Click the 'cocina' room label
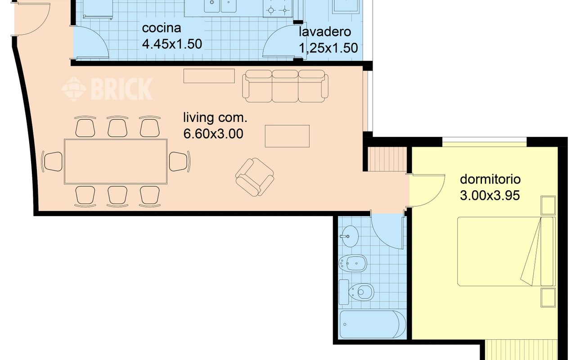162,28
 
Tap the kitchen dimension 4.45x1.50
172,44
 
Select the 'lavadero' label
325,32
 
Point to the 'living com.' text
215,118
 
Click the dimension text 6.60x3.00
213,134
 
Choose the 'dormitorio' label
490,179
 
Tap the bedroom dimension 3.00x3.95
490,195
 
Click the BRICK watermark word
122,89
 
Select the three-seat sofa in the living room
285,86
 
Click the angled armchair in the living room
255,177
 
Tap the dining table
116,162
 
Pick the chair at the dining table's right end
180,162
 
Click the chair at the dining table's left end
52,162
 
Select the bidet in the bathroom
353,263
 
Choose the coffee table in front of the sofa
287,136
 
